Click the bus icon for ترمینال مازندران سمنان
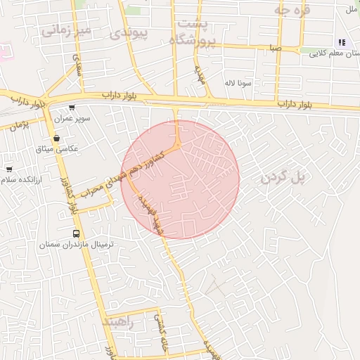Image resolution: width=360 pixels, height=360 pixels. [76, 233]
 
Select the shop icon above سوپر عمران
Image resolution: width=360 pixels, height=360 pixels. [72, 108]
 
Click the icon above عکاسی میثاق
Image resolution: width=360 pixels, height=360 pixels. [57, 139]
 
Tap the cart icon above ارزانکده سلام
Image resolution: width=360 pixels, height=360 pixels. [9, 169]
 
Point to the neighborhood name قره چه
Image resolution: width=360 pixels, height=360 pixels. [292, 11]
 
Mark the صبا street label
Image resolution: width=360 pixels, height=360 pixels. [275, 49]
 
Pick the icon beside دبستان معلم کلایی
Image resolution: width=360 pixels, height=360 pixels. [342, 42]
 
